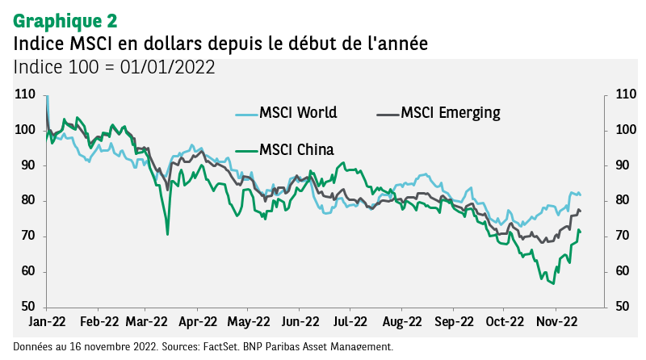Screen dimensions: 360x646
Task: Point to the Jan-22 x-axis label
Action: pyautogui.click(x=47, y=320)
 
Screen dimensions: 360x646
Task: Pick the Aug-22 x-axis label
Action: pyautogui.click(x=401, y=320)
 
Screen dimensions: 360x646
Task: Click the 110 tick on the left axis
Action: pyautogui.click(x=24, y=94)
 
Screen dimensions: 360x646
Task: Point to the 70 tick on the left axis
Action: pyautogui.click(x=27, y=236)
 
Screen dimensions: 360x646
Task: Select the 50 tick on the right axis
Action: pyautogui.click(x=622, y=307)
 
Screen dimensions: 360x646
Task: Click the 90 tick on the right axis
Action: pyautogui.click(x=622, y=165)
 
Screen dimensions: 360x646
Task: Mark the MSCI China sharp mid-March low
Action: pyautogui.click(x=167, y=234)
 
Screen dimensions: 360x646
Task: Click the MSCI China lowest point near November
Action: pyautogui.click(x=552, y=283)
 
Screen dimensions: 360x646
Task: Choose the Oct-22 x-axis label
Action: pyautogui.click(x=504, y=320)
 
